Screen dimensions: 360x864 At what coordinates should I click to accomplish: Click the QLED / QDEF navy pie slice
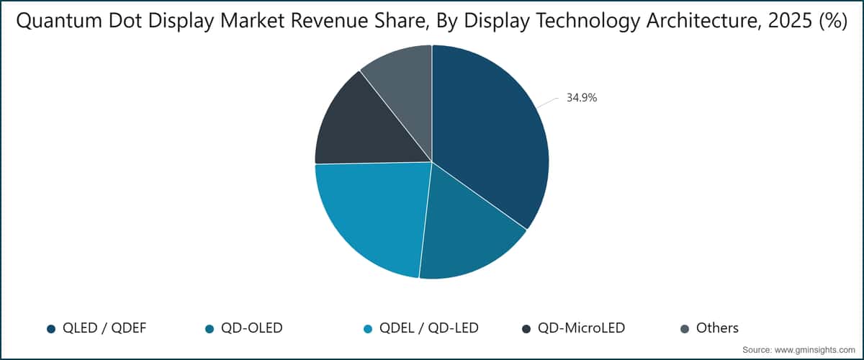click(x=490, y=137)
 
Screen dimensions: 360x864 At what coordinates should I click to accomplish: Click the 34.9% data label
click(x=581, y=98)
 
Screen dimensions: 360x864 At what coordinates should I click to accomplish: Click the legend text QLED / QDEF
click(x=105, y=328)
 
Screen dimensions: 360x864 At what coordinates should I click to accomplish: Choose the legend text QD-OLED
click(x=252, y=328)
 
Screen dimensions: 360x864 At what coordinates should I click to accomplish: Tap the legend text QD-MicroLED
click(x=582, y=328)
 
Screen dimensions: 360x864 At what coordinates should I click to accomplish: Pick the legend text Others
click(x=716, y=328)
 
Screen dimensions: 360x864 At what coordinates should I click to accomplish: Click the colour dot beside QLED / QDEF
click(x=51, y=329)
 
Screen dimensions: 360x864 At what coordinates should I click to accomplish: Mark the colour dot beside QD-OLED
click(x=210, y=329)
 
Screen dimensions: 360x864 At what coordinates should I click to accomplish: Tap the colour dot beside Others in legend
click(x=685, y=329)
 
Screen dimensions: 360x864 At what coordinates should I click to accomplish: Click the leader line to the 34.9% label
click(x=548, y=103)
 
